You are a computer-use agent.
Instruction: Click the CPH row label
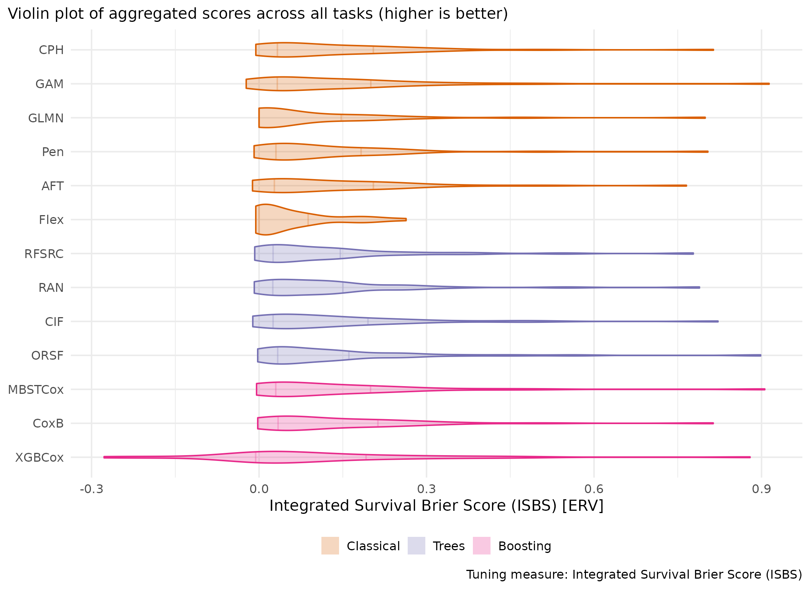pyautogui.click(x=51, y=50)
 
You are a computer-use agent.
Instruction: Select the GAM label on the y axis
pyautogui.click(x=49, y=84)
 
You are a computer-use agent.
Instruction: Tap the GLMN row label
pyautogui.click(x=46, y=118)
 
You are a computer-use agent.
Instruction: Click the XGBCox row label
pyautogui.click(x=39, y=457)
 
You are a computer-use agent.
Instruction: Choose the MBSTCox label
pyautogui.click(x=36, y=390)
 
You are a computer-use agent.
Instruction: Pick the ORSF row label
pyautogui.click(x=47, y=356)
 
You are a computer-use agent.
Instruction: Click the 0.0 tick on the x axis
pyautogui.click(x=259, y=489)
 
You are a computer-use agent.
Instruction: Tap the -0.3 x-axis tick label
pyautogui.click(x=91, y=489)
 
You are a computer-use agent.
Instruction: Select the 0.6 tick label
pyautogui.click(x=594, y=489)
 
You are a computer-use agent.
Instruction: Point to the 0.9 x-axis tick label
pyautogui.click(x=761, y=489)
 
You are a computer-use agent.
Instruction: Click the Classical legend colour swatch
pyautogui.click(x=330, y=546)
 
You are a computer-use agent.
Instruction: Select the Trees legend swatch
pyautogui.click(x=417, y=546)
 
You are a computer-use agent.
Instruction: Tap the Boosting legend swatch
pyautogui.click(x=482, y=546)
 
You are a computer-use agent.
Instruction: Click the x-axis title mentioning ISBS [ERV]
pyautogui.click(x=436, y=506)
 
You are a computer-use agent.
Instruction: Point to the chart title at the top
pyautogui.click(x=258, y=14)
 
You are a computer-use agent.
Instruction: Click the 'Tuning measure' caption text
pyautogui.click(x=634, y=574)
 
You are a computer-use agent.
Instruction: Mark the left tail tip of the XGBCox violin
pyautogui.click(x=104, y=457)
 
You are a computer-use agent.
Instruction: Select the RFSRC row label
pyautogui.click(x=44, y=254)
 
